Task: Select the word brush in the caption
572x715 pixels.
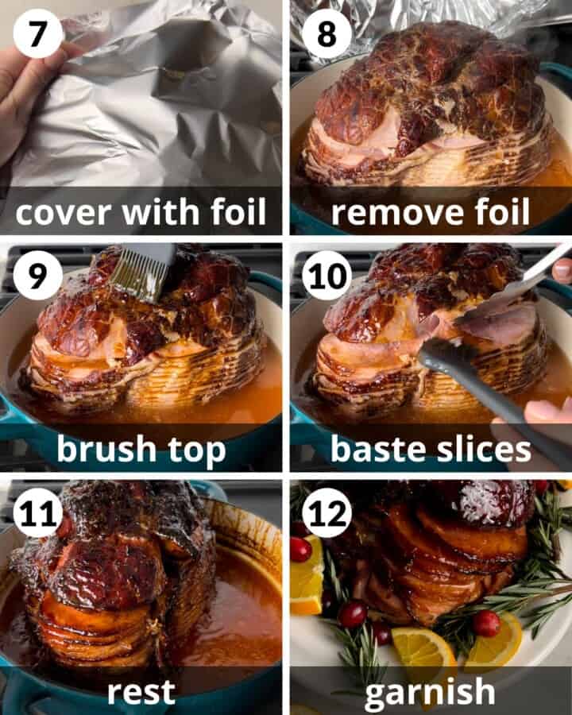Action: pyautogui.click(x=106, y=450)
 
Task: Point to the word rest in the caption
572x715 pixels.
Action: pyautogui.click(x=141, y=689)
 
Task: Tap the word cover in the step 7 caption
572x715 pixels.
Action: pyautogui.click(x=60, y=213)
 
